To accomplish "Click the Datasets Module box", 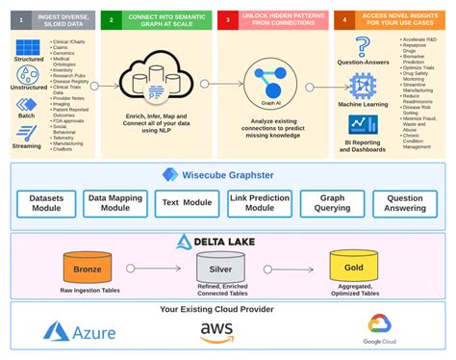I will point(46,203).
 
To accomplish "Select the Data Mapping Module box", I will point(116,203).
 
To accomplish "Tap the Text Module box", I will point(185,203).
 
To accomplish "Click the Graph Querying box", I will point(332,203).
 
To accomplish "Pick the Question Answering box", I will point(404,203).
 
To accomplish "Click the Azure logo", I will point(80,333).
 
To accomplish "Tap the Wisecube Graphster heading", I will point(228,174).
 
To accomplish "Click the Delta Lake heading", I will point(227,242).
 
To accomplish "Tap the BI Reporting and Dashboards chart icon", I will point(363,125).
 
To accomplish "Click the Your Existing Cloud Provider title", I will point(227,310).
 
